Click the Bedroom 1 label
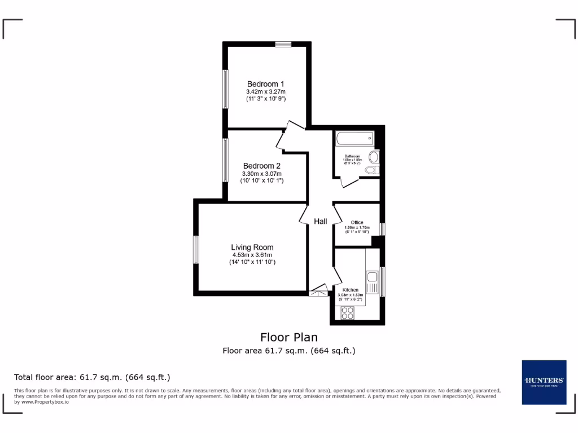click(x=265, y=84)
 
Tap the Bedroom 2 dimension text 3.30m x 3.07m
click(x=261, y=174)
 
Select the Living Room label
click(x=252, y=247)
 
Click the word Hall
click(x=321, y=222)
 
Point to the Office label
click(x=357, y=222)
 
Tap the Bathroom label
click(x=352, y=156)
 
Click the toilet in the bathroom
click(x=373, y=169)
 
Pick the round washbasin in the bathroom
click(x=374, y=156)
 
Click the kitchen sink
click(x=373, y=277)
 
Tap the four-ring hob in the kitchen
click(x=347, y=312)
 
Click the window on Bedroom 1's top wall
click(x=283, y=44)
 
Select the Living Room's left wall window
click(x=196, y=250)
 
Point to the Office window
click(x=382, y=229)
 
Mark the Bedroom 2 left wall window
click(x=225, y=160)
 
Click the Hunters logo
click(x=544, y=382)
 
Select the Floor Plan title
click(x=288, y=337)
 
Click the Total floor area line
click(x=92, y=377)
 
